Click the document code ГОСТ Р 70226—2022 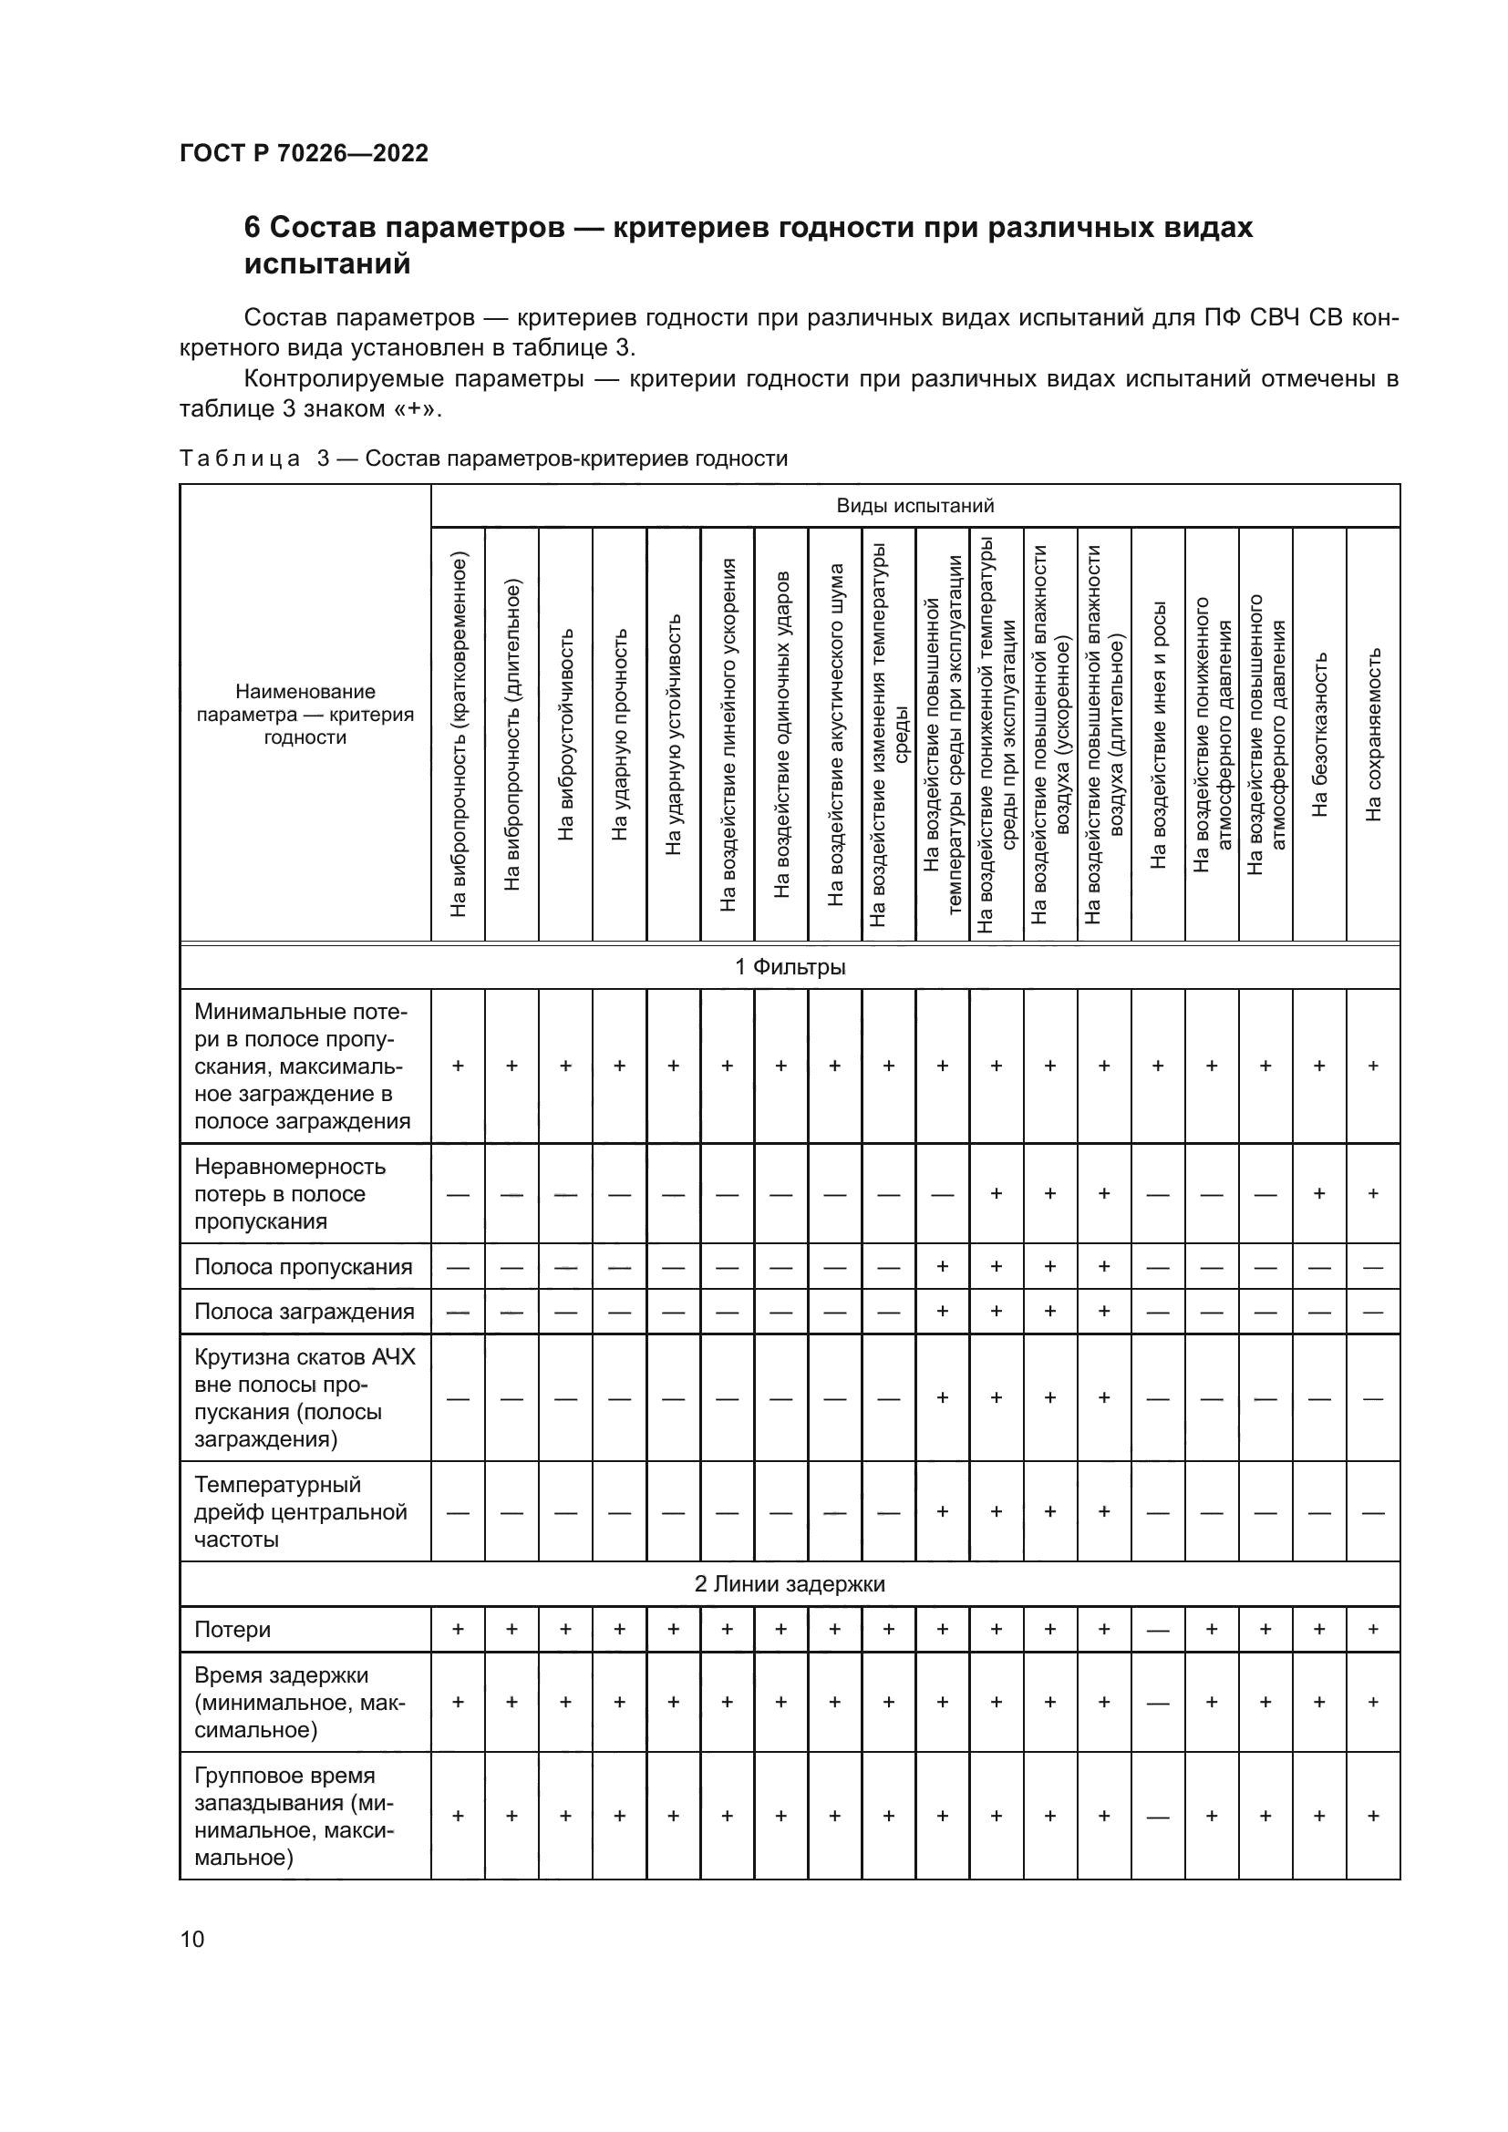304,153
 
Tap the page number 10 192,1939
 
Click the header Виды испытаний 914,506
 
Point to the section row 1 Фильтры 790,966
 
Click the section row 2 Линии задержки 790,1584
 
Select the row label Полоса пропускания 303,1267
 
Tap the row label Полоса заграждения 304,1311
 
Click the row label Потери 232,1630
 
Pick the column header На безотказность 1319,735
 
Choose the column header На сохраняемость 1373,735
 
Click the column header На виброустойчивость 565,735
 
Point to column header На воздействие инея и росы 1158,735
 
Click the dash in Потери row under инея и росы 1158,1631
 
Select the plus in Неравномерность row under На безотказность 1319,1193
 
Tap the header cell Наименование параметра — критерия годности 305,714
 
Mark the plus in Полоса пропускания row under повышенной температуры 943,1267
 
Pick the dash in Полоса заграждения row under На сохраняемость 1373,1312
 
